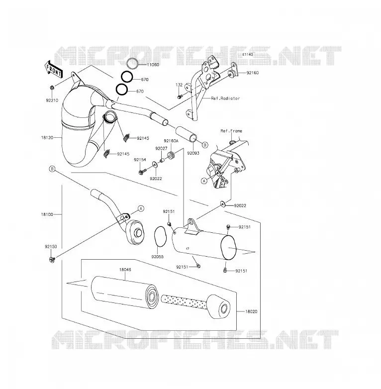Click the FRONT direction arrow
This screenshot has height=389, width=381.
54,69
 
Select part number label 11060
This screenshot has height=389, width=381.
153,65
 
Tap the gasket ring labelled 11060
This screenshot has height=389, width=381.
132,64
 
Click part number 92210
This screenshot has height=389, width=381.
52,100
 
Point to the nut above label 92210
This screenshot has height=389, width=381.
52,88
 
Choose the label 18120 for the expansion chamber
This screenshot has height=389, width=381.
47,137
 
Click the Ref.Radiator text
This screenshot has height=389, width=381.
225,98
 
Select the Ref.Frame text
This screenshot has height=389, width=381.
231,131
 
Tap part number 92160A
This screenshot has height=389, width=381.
171,141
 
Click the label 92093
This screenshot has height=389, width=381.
193,153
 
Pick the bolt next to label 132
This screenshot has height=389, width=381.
180,96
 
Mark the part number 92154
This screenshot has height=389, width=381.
140,160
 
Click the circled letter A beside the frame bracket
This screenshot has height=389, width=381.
204,181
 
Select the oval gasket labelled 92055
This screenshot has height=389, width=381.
159,237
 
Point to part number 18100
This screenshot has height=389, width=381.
47,214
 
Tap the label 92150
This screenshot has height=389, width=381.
51,247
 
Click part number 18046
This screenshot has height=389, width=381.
125,270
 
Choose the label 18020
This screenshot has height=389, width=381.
251,311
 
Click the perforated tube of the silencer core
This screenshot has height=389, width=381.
184,301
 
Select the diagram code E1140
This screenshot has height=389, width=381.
248,54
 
